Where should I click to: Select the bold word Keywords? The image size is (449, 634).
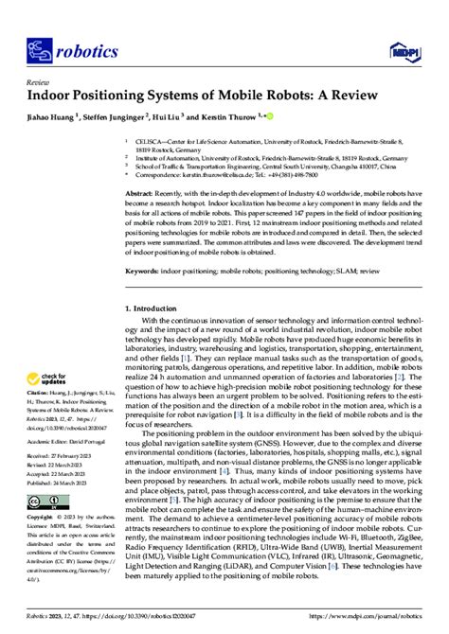tap(144, 270)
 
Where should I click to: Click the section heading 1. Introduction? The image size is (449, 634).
tap(155, 308)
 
